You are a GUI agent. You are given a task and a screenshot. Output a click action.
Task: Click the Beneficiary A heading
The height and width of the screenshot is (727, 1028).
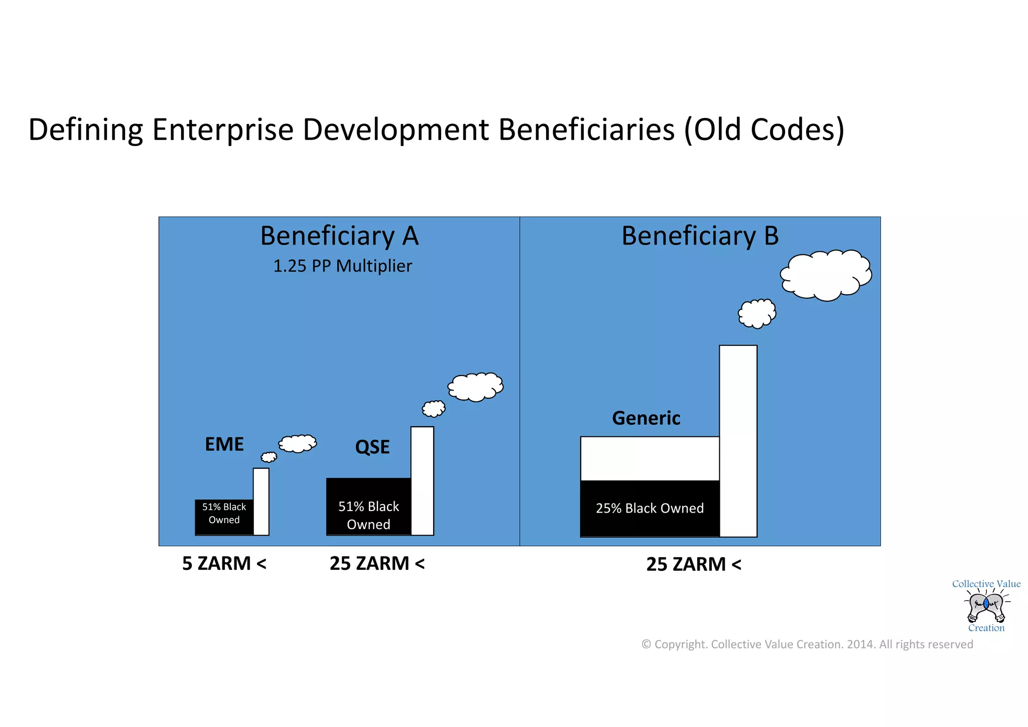pos(339,236)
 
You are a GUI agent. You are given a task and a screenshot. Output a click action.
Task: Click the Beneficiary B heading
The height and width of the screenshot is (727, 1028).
pos(700,236)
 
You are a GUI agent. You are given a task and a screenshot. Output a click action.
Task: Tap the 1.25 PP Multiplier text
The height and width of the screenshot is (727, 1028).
pos(342,266)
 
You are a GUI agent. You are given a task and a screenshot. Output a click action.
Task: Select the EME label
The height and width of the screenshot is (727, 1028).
pos(224,444)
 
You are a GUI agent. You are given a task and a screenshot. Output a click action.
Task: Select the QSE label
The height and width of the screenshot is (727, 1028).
pos(372,447)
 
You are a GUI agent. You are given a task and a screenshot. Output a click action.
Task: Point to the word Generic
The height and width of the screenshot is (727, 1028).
pos(646,418)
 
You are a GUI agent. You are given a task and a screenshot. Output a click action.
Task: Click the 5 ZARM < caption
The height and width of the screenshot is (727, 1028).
pos(224,563)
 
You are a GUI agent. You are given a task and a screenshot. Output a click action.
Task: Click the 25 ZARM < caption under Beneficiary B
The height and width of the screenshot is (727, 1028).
pos(693,564)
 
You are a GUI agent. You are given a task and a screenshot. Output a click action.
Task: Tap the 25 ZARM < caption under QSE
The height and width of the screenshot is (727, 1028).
pos(377,563)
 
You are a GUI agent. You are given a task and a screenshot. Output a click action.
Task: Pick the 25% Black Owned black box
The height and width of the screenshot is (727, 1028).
pos(650,508)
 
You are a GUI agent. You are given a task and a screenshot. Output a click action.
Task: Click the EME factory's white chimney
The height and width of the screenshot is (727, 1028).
pos(261,501)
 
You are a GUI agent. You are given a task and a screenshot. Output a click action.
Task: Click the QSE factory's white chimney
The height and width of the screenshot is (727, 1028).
pos(422,480)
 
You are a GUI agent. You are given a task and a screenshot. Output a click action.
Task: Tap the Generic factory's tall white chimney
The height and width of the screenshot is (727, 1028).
pos(738,440)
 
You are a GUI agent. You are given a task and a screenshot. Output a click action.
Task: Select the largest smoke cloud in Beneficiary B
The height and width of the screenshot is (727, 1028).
pos(826,275)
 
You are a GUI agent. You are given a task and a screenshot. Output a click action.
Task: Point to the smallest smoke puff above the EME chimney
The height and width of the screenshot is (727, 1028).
pos(269,457)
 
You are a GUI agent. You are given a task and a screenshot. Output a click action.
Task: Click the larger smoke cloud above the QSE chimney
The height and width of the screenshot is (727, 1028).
pos(475,387)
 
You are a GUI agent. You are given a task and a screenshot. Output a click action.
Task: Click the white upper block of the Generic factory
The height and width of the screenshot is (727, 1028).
pos(650,458)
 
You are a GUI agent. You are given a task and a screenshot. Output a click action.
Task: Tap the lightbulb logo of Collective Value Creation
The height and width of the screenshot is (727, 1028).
pos(986,607)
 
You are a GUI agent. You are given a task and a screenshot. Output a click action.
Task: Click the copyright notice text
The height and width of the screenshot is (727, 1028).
pos(807,644)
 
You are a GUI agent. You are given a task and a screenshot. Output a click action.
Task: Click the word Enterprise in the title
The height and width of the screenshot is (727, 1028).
pos(222,130)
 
